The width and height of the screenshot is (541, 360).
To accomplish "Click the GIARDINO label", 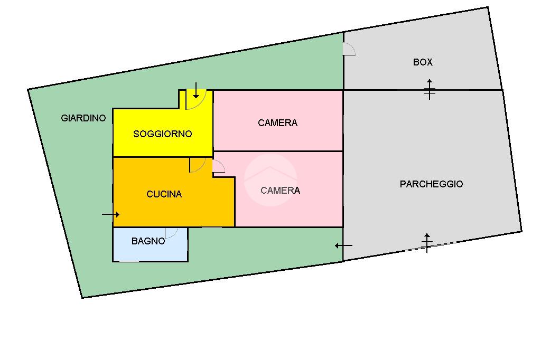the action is (x=83, y=118).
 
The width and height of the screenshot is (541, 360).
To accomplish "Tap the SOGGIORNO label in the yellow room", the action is (x=163, y=134).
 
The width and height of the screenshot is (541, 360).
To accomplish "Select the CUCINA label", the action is (x=164, y=194).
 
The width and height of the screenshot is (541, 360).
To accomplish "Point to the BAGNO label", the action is (x=148, y=241).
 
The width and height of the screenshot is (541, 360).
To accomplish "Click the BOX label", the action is (x=423, y=62).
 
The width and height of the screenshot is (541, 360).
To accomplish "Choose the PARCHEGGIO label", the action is (x=431, y=184).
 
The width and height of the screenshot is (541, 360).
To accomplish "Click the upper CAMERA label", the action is (x=277, y=123).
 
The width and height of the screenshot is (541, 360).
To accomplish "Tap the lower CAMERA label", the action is (x=280, y=191).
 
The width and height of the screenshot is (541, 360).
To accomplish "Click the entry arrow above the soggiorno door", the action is (x=195, y=90).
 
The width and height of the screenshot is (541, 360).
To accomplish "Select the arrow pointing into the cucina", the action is (x=111, y=214).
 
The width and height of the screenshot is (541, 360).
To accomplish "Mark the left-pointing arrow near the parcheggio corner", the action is (x=343, y=246).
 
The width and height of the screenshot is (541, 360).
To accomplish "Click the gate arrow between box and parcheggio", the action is (x=430, y=89).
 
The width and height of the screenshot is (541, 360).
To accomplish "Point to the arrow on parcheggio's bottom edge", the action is (x=427, y=243).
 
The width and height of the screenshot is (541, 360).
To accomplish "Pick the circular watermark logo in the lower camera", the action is (x=270, y=180).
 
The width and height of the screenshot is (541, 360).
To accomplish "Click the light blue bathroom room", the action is (x=151, y=244).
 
